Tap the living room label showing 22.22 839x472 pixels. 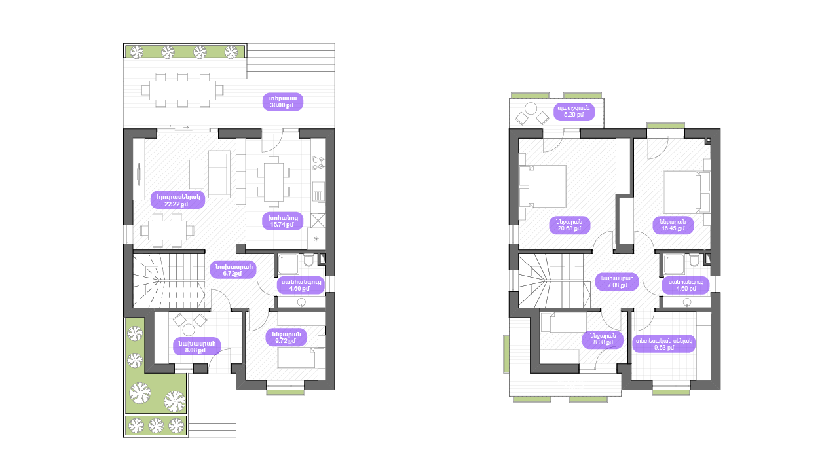(177, 200)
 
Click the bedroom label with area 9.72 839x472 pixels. (286, 337)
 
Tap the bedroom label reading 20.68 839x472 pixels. (570, 225)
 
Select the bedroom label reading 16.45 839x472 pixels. (673, 225)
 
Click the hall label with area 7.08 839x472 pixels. (616, 281)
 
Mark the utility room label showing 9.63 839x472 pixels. (663, 344)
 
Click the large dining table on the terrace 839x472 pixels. (183, 90)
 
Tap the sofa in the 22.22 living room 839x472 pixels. (219, 174)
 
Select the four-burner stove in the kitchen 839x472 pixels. (318, 163)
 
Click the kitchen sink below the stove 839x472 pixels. (318, 192)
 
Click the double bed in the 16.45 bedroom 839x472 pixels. (685, 191)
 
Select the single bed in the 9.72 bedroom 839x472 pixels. (300, 358)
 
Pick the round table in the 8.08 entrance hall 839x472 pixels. (189, 329)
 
